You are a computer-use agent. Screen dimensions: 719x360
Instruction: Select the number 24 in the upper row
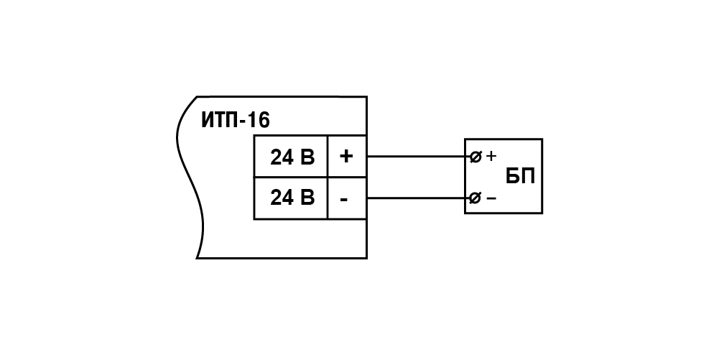[282, 157]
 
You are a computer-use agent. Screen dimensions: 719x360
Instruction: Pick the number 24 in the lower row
[282, 197]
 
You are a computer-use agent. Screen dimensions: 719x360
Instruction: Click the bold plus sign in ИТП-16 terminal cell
[346, 157]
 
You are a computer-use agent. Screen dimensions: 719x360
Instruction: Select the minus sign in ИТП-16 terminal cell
[344, 200]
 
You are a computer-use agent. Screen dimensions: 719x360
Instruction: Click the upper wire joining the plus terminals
[419, 157]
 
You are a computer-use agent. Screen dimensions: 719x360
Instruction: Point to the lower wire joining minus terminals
[419, 198]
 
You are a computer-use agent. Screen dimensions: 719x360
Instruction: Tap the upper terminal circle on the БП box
[476, 157]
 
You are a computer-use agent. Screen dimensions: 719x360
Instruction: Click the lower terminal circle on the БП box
[476, 198]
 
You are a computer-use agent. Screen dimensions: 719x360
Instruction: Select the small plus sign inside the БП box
[491, 157]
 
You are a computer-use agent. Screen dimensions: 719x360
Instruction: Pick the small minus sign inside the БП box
[491, 198]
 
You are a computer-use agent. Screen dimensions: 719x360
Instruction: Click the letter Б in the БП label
[513, 176]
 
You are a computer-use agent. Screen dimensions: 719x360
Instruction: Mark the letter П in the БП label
[528, 176]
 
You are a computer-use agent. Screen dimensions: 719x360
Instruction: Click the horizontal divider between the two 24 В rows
[310, 177]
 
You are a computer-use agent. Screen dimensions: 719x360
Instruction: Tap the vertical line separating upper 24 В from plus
[328, 157]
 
